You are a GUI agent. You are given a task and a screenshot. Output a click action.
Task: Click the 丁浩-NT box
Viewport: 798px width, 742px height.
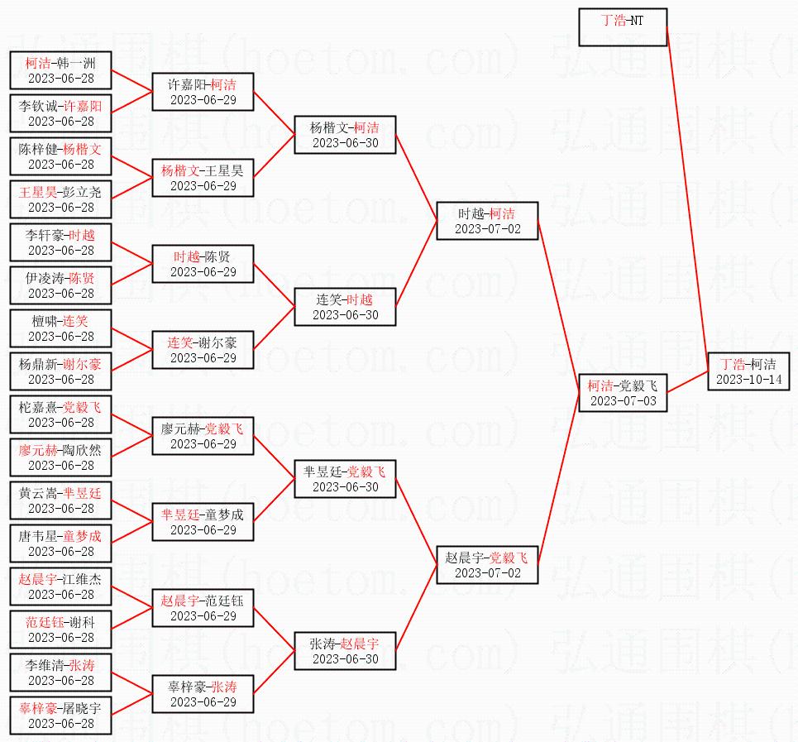(623, 27)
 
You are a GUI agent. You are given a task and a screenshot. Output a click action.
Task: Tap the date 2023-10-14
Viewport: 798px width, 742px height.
(748, 380)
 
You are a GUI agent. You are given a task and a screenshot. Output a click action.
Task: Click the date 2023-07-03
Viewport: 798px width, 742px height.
(623, 401)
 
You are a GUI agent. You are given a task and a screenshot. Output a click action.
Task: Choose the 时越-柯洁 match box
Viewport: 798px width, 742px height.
(487, 221)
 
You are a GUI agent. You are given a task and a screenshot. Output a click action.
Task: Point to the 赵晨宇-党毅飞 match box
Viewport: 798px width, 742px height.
(487, 565)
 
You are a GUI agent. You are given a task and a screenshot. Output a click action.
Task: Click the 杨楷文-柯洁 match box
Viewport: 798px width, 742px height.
(345, 135)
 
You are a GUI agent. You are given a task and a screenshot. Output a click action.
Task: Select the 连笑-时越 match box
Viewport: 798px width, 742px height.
(345, 307)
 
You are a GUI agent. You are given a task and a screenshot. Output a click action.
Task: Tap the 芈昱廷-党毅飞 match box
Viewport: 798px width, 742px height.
(345, 479)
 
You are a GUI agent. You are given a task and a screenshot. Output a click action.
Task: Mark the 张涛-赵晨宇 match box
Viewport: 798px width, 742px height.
(345, 651)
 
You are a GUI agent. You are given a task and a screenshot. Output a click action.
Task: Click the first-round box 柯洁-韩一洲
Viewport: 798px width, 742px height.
(60, 70)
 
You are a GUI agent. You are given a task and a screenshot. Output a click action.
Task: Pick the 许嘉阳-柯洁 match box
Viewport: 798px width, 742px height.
(203, 92)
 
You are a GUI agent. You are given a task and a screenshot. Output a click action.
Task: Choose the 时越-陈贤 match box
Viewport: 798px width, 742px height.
(203, 264)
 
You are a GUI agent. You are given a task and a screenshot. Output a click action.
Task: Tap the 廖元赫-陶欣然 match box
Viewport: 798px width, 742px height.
(60, 457)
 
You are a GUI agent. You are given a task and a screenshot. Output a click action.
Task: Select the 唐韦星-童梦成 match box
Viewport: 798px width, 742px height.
(60, 543)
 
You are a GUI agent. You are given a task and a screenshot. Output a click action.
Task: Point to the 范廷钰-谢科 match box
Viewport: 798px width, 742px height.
(60, 630)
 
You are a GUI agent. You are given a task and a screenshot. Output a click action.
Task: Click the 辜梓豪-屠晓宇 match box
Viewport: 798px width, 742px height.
(60, 716)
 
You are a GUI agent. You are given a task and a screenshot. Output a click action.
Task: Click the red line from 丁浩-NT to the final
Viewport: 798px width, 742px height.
(686, 190)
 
